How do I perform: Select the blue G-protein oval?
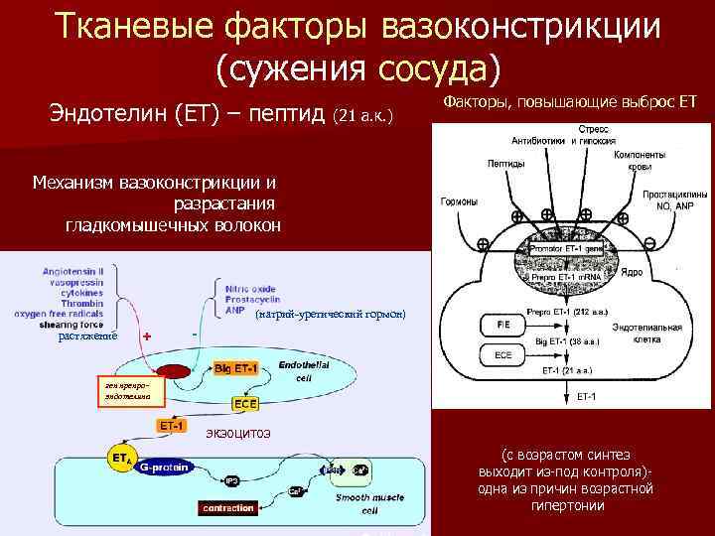(x=165, y=467)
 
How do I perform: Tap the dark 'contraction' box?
(x=228, y=508)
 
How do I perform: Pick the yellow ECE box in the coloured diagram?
(x=245, y=404)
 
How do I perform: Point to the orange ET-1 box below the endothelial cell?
(x=171, y=426)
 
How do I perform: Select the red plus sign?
(x=147, y=335)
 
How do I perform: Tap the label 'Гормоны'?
(x=458, y=201)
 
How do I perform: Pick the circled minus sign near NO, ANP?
(x=649, y=243)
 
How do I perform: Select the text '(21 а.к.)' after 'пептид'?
(x=363, y=118)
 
